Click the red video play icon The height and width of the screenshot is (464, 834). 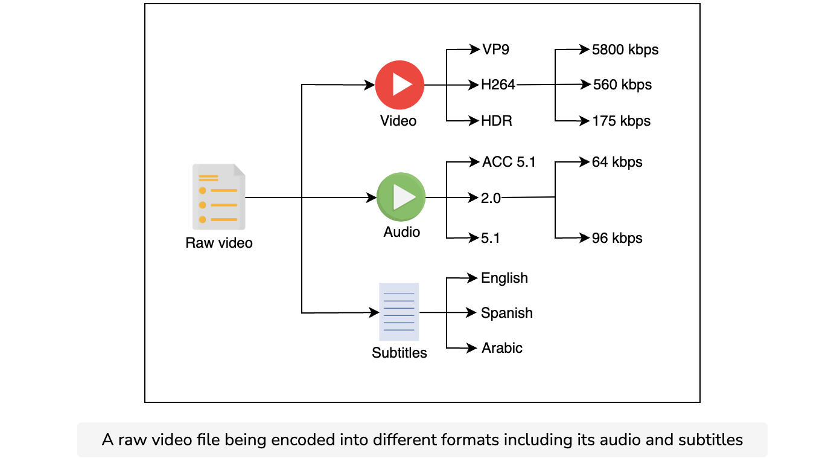pyautogui.click(x=399, y=85)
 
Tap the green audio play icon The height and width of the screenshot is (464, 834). pyautogui.click(x=401, y=197)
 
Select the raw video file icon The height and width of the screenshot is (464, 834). pyautogui.click(x=218, y=197)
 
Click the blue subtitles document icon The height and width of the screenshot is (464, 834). pyautogui.click(x=399, y=312)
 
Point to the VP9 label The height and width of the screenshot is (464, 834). pyautogui.click(x=495, y=50)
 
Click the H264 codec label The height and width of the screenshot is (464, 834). pyautogui.click(x=498, y=85)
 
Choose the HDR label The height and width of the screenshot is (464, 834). pyautogui.click(x=497, y=121)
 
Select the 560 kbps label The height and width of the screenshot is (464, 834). pyautogui.click(x=622, y=85)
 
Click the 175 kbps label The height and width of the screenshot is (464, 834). pyautogui.click(x=622, y=121)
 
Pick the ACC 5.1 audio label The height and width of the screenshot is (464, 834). pyautogui.click(x=509, y=162)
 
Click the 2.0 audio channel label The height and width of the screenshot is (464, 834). pyautogui.click(x=491, y=198)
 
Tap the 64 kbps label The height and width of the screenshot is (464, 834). pyautogui.click(x=617, y=162)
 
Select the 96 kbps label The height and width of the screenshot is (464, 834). pyautogui.click(x=617, y=238)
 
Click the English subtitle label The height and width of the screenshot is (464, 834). pyautogui.click(x=505, y=278)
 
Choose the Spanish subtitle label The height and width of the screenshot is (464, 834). pyautogui.click(x=507, y=313)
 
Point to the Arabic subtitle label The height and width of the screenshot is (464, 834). pyautogui.click(x=502, y=348)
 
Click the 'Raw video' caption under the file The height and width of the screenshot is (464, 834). pyautogui.click(x=219, y=243)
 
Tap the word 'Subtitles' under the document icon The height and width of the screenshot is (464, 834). pyautogui.click(x=399, y=353)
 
